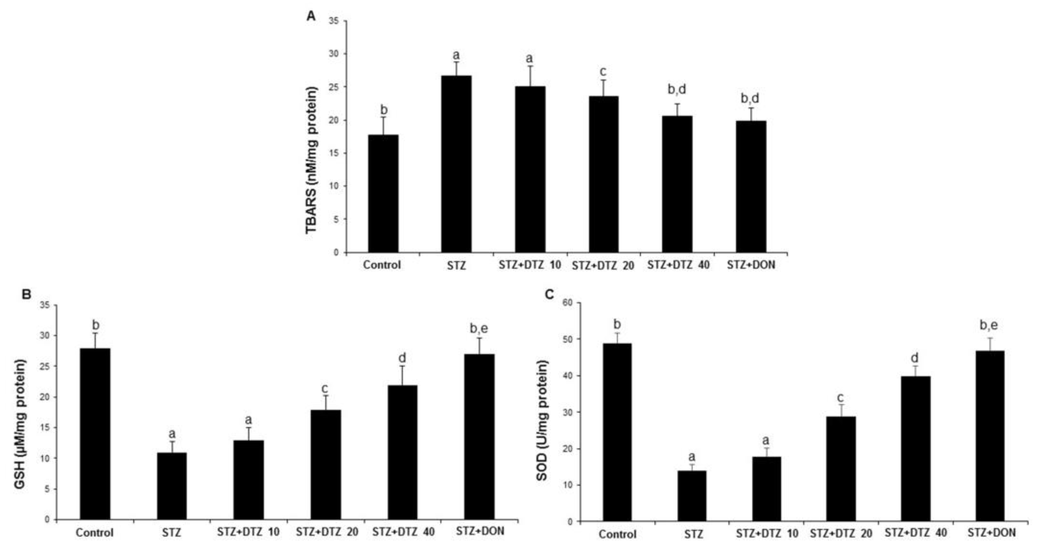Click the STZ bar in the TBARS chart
click(x=456, y=164)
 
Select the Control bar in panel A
click(x=383, y=194)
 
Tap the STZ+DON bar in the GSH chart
click(x=479, y=437)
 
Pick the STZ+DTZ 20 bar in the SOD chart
click(x=841, y=469)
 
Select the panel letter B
click(x=26, y=295)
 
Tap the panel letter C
click(x=549, y=295)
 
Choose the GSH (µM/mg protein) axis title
click(x=20, y=424)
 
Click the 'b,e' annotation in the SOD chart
click(x=988, y=325)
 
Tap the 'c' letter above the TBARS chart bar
click(x=603, y=72)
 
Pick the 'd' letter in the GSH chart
click(x=402, y=358)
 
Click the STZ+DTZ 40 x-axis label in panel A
click(x=679, y=265)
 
